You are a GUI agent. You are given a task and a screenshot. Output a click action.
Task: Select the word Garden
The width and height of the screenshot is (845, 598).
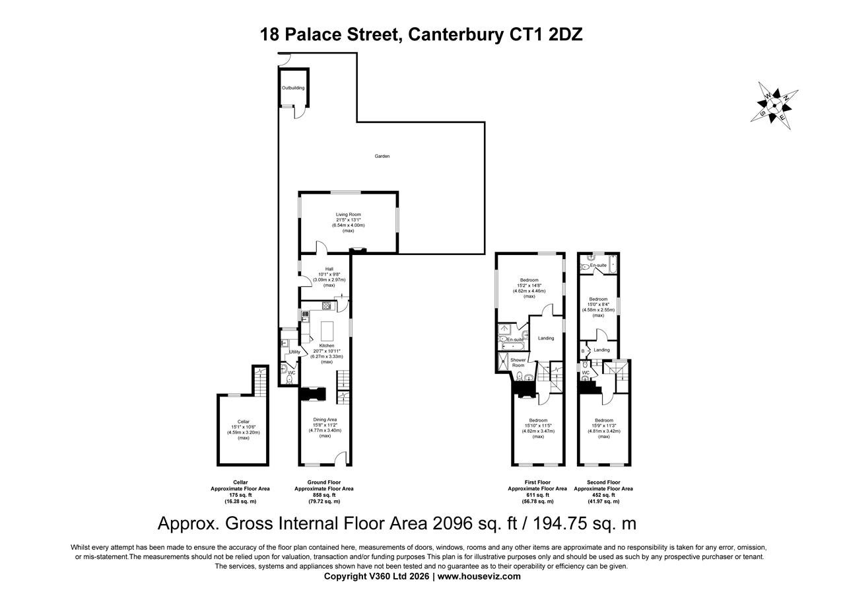click(x=382, y=157)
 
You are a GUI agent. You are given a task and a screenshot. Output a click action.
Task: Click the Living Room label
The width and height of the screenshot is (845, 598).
click(x=348, y=214)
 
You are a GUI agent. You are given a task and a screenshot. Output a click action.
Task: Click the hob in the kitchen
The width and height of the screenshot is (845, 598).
click(x=326, y=305)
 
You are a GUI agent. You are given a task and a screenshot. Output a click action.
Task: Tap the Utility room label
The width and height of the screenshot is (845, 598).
click(x=294, y=352)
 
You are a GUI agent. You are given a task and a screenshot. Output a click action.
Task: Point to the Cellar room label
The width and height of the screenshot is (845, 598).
click(x=244, y=422)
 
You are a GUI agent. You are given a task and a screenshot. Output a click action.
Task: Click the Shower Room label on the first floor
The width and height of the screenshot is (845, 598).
click(x=519, y=363)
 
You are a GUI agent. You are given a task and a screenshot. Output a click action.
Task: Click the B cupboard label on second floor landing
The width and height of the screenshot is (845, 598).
click(x=583, y=350)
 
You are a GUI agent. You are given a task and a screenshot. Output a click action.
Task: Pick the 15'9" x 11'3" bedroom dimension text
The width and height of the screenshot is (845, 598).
click(x=603, y=426)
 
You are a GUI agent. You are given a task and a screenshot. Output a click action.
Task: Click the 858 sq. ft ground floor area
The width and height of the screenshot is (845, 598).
click(x=323, y=495)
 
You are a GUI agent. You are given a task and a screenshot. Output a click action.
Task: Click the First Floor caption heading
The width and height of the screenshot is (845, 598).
click(x=537, y=482)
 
